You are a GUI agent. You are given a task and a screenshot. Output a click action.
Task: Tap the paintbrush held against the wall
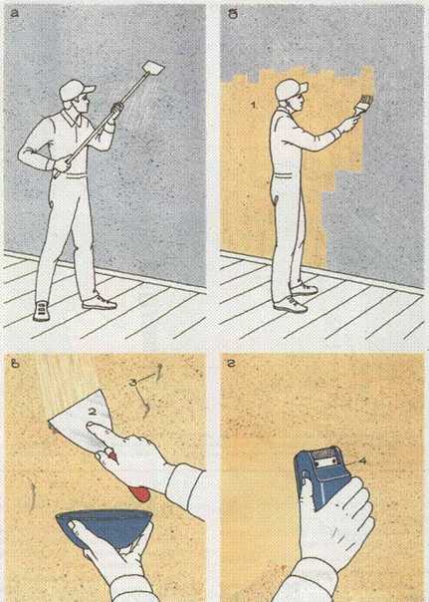[362, 104]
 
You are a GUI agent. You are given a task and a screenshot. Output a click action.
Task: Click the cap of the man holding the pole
[76, 90]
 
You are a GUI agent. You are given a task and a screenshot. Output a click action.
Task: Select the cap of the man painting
[291, 89]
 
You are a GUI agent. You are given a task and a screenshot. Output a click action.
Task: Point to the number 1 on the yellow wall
[253, 104]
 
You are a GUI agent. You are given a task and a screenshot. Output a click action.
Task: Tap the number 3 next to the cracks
[134, 383]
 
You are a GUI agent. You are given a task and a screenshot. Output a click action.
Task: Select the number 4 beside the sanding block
[361, 459]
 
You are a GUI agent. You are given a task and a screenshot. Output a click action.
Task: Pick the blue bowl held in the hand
[105, 526]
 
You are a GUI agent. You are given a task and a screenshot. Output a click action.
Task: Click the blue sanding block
[322, 475]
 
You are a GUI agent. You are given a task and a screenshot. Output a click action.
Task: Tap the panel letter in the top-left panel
[14, 13]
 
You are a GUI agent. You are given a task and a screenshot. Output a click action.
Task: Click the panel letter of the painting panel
[234, 13]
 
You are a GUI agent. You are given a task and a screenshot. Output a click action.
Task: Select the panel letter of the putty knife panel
[15, 363]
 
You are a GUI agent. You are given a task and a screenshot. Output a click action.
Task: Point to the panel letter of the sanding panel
[232, 363]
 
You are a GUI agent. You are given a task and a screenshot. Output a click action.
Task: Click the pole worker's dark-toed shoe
[41, 311]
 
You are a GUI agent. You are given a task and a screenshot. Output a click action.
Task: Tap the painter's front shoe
[291, 305]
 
